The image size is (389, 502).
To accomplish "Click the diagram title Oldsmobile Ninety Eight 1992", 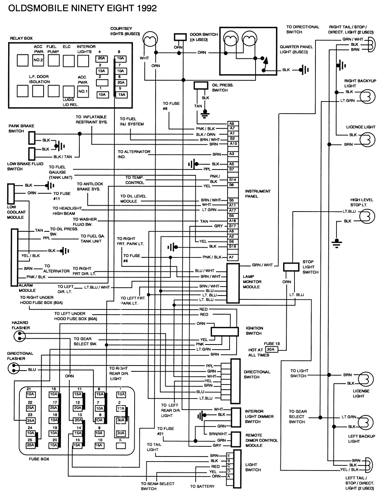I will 82,8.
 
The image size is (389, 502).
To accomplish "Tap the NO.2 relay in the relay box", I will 38,60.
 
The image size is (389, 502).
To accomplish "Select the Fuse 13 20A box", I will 271,350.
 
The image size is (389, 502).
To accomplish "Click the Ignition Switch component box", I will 224,331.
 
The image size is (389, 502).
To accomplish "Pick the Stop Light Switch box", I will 291,267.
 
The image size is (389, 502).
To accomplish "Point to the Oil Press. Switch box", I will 201,86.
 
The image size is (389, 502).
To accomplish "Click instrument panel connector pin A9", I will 232,124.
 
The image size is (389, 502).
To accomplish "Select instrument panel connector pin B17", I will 232,226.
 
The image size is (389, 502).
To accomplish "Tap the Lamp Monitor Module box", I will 233,283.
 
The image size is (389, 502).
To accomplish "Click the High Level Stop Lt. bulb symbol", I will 368,216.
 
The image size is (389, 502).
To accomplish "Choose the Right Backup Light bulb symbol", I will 368,96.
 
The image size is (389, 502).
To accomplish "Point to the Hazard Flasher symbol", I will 18,337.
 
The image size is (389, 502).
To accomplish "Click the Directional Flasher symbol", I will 14,367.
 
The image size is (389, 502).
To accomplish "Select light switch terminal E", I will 229,455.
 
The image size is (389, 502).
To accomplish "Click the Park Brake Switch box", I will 32,137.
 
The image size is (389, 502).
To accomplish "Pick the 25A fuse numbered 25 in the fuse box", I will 30,445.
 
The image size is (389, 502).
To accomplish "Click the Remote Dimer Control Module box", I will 236,439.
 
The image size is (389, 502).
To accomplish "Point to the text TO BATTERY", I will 202,486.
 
